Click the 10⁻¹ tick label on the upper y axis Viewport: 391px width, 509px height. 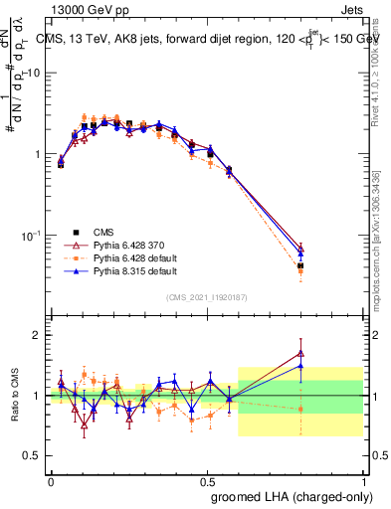coord(33,236)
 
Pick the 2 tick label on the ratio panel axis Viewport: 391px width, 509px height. coord(40,335)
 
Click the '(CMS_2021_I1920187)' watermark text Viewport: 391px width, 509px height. coord(207,295)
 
